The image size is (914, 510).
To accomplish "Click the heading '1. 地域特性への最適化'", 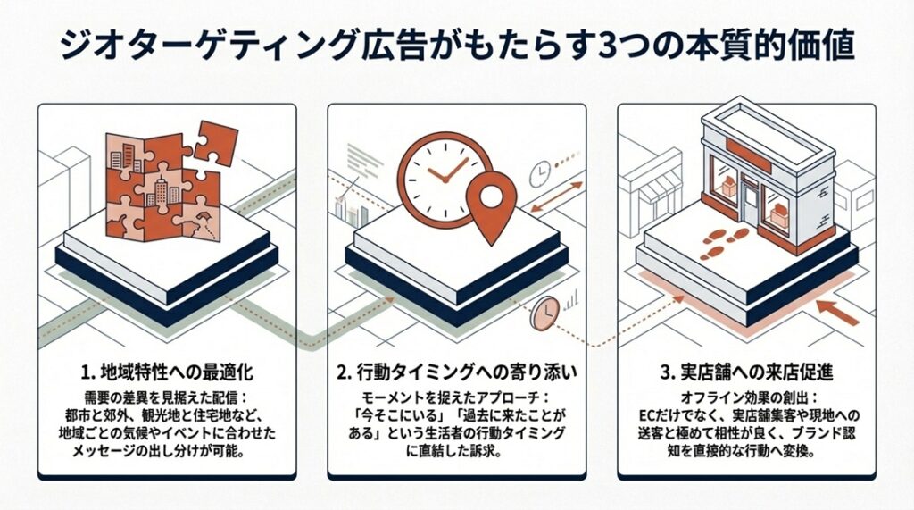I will pyautogui.click(x=167, y=367).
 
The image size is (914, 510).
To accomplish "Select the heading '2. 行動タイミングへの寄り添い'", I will pyautogui.click(x=456, y=367).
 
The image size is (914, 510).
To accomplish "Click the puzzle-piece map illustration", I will pyautogui.click(x=165, y=188).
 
